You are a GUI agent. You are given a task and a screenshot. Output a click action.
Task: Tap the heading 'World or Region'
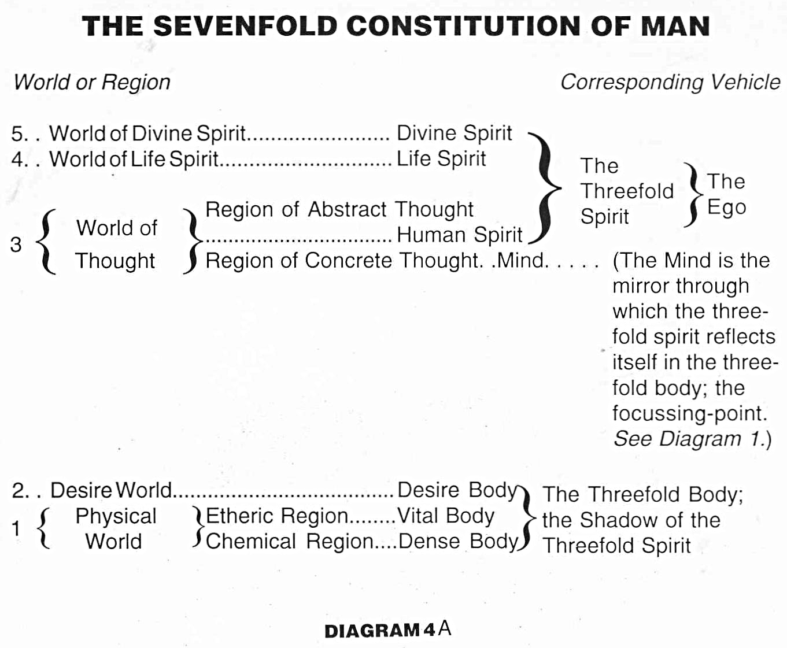pyautogui.click(x=92, y=82)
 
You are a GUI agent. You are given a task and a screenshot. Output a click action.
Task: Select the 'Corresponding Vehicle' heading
pyautogui.click(x=670, y=82)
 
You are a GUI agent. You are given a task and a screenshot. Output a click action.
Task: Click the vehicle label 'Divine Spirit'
pyautogui.click(x=454, y=133)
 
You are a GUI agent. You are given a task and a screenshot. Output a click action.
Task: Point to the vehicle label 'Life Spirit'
pyautogui.click(x=441, y=158)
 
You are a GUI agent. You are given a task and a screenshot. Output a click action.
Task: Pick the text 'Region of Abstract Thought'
pyautogui.click(x=339, y=209)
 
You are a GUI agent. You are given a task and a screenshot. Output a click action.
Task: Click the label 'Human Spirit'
pyautogui.click(x=459, y=235)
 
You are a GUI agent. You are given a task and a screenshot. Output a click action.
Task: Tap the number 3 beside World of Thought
pyautogui.click(x=16, y=245)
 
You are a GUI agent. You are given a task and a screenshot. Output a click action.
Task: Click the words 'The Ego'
pyautogui.click(x=726, y=194)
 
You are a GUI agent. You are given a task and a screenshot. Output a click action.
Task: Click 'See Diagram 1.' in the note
pyautogui.click(x=692, y=439)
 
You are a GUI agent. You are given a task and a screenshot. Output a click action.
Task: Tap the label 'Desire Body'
pyautogui.click(x=457, y=490)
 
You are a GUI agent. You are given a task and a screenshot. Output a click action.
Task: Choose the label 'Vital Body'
pyautogui.click(x=445, y=516)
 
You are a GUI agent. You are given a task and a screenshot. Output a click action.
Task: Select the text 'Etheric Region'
pyautogui.click(x=277, y=516)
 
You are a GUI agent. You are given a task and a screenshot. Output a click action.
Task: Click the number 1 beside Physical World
pyautogui.click(x=16, y=528)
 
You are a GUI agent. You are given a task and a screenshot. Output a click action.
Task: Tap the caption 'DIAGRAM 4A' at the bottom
pyautogui.click(x=387, y=630)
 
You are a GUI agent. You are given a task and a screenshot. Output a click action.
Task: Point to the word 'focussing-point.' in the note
pyautogui.click(x=690, y=413)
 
